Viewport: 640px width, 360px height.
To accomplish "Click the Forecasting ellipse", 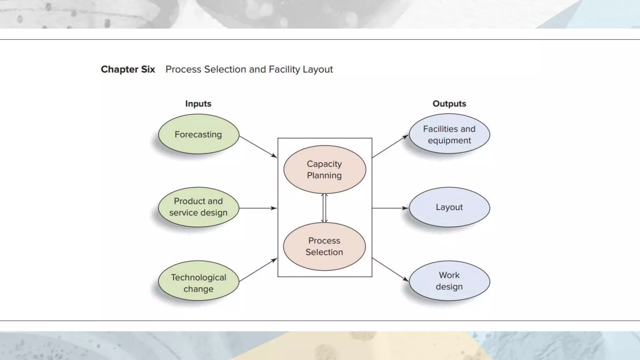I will [x=198, y=134].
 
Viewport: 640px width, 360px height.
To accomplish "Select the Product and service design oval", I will [x=198, y=207].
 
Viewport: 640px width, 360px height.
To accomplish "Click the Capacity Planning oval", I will [x=324, y=169].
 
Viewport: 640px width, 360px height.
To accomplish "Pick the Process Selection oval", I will [x=324, y=246].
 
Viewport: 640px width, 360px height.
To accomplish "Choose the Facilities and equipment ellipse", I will [x=449, y=134].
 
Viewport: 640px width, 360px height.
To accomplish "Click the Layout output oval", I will [x=449, y=207].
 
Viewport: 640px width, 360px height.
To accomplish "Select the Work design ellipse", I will [x=449, y=281].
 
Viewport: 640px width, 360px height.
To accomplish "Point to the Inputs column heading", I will [x=198, y=104].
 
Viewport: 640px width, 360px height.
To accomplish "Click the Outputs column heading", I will [x=449, y=104].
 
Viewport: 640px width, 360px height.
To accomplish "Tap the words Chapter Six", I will [x=128, y=69].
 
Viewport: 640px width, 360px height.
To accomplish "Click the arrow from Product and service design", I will [x=258, y=208].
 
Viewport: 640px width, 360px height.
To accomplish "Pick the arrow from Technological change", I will [x=258, y=270].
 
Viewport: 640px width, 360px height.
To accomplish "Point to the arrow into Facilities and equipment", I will [x=390, y=146].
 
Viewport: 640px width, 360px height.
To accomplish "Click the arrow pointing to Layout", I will [x=390, y=208].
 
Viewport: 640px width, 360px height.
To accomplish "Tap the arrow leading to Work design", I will [x=390, y=269].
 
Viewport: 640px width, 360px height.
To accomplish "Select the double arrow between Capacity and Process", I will [x=324, y=208].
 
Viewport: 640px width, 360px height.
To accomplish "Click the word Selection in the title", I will [x=225, y=69].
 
